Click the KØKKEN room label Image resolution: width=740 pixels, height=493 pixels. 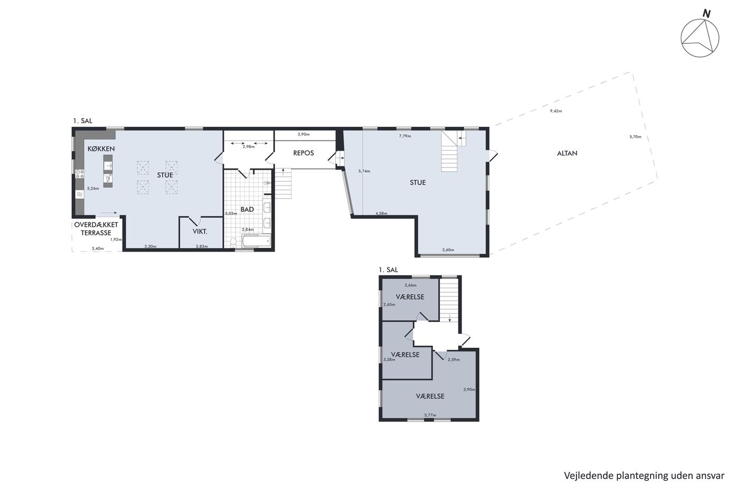[x=101, y=149]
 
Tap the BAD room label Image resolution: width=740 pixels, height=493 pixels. [x=247, y=209]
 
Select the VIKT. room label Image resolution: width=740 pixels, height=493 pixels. [x=200, y=231]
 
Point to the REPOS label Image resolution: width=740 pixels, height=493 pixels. [x=303, y=153]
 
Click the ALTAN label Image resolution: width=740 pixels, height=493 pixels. [x=567, y=153]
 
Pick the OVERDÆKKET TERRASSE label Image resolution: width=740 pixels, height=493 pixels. [x=96, y=229]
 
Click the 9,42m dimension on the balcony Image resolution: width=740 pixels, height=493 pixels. [x=556, y=111]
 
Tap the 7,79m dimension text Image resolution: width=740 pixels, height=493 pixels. [x=405, y=136]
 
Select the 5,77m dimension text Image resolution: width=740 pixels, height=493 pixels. [x=430, y=415]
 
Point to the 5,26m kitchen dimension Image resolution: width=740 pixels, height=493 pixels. [x=93, y=189]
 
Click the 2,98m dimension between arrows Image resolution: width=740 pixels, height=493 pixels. [x=248, y=146]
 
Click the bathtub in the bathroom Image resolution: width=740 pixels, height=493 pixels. [x=257, y=241]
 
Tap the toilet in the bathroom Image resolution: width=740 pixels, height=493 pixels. [x=234, y=243]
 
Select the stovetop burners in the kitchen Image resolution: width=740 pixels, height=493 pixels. [x=80, y=174]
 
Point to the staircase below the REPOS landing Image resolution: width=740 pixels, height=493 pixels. [x=283, y=183]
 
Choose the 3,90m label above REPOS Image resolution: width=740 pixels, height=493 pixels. [x=303, y=134]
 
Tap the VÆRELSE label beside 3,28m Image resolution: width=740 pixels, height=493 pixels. [x=405, y=355]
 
